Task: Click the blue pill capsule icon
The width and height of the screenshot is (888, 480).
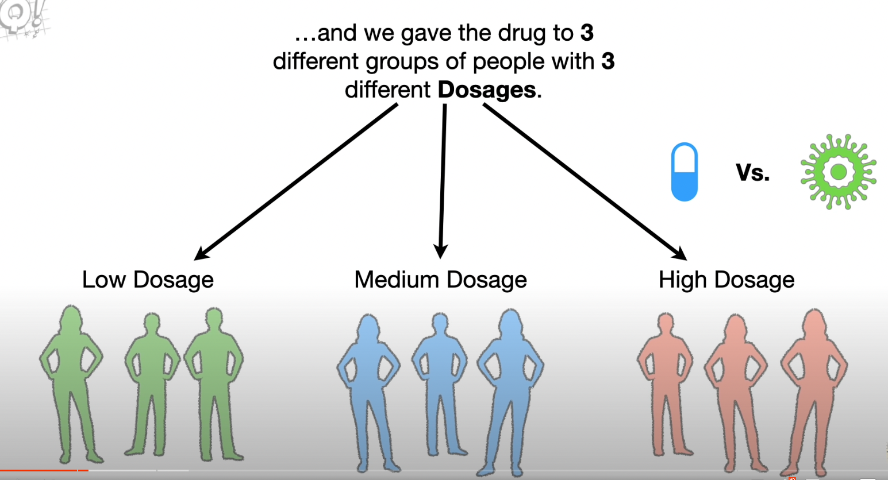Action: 684,172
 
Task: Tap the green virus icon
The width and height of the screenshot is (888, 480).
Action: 838,171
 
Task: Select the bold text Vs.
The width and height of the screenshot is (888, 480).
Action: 752,172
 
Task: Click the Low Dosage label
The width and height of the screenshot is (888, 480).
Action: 148,280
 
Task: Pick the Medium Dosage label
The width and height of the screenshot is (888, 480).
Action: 440,280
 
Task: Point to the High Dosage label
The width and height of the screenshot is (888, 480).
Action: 726,280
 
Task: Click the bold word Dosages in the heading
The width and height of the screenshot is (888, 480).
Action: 487,90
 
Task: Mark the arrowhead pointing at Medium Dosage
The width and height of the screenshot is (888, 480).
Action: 440,251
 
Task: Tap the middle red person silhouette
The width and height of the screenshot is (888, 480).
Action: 736,385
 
